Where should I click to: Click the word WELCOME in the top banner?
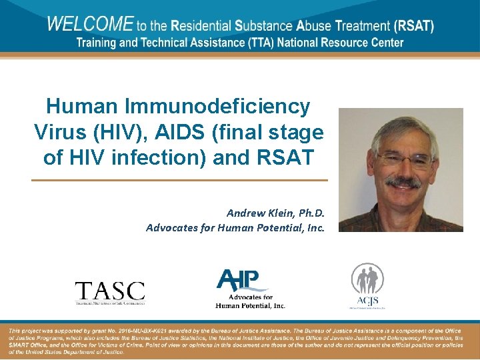click(90, 25)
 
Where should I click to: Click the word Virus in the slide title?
click(58, 132)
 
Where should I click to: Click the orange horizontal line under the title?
click(180, 180)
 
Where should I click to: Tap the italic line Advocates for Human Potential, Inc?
click(235, 227)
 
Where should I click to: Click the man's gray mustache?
click(404, 181)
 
